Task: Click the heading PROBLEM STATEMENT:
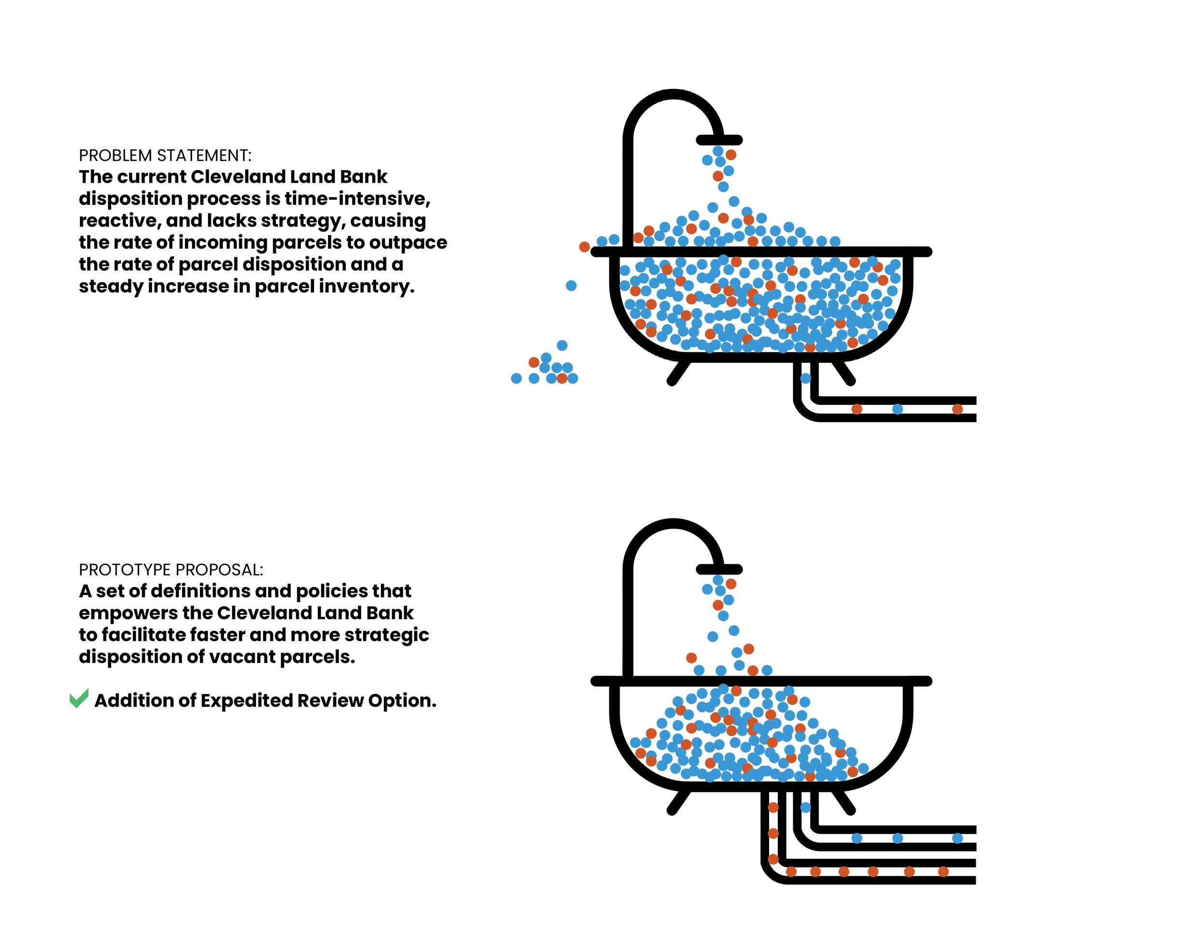click(165, 156)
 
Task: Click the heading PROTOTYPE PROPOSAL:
click(171, 570)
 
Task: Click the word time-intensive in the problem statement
click(357, 199)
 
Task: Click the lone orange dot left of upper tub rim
click(584, 247)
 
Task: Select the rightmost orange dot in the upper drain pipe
click(957, 409)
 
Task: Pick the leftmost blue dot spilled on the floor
click(516, 378)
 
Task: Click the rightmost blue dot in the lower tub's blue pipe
click(957, 838)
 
